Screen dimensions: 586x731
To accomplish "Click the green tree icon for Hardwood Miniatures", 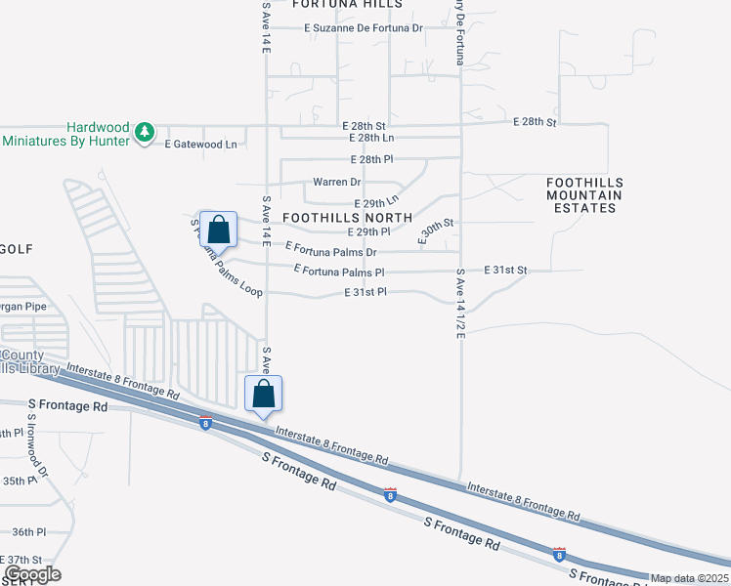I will [x=145, y=132].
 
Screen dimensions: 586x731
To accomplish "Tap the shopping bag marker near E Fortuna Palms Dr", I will [x=220, y=230].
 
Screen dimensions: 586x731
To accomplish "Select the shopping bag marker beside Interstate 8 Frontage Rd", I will [x=263, y=395].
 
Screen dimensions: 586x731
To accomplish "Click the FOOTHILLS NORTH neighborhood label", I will [x=347, y=217].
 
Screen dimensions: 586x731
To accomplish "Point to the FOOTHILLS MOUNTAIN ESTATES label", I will [x=584, y=195].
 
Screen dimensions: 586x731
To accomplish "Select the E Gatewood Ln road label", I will [x=201, y=145].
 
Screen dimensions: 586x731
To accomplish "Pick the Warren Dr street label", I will [x=337, y=183].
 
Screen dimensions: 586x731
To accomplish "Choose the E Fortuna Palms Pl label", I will [x=339, y=271].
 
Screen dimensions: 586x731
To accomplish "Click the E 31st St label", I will [x=505, y=270].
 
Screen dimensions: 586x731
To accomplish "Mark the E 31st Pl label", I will [x=365, y=292].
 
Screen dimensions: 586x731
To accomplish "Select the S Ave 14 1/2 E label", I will [x=459, y=306].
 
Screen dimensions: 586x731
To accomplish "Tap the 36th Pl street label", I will [x=28, y=532].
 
